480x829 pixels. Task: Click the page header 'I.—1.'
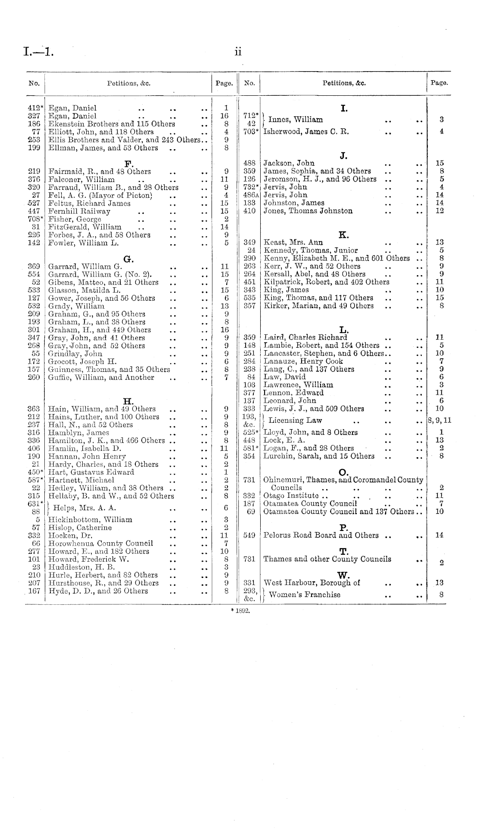pos(38,53)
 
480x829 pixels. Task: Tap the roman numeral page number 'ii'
pos(237,52)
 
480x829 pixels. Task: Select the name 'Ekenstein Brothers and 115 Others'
pos(112,124)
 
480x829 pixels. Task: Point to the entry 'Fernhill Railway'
pos(79,211)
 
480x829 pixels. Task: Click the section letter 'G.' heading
pos(128,259)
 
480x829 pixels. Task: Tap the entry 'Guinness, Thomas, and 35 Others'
pos(109,369)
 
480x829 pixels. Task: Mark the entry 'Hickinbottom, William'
pos(90,520)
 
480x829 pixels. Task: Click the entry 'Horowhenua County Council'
pos(100,543)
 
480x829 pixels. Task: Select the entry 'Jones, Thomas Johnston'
pos(308,211)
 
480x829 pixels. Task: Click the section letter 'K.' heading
pos(344,235)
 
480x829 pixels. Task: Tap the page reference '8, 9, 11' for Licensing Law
pos(439,421)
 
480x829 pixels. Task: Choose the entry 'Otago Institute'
pos(291,496)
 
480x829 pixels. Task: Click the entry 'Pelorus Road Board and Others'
pos(321,535)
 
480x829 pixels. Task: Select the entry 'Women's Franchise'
pos(304,595)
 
